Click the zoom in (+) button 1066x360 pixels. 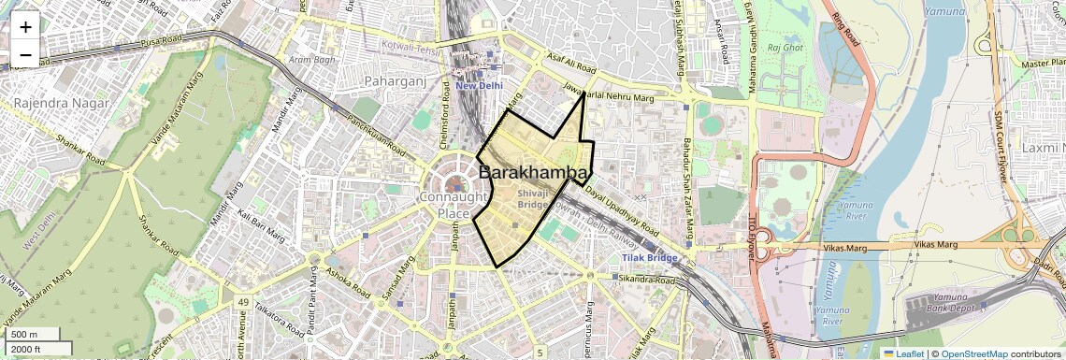(x=25, y=27)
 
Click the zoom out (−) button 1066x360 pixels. (x=25, y=55)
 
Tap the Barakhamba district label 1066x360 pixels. (x=534, y=173)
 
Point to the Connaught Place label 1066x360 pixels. (x=454, y=205)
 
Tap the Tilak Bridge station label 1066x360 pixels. (x=650, y=257)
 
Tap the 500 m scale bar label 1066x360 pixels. (x=24, y=334)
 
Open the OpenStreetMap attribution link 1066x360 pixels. (x=973, y=353)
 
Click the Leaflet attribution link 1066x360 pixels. (x=903, y=353)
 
